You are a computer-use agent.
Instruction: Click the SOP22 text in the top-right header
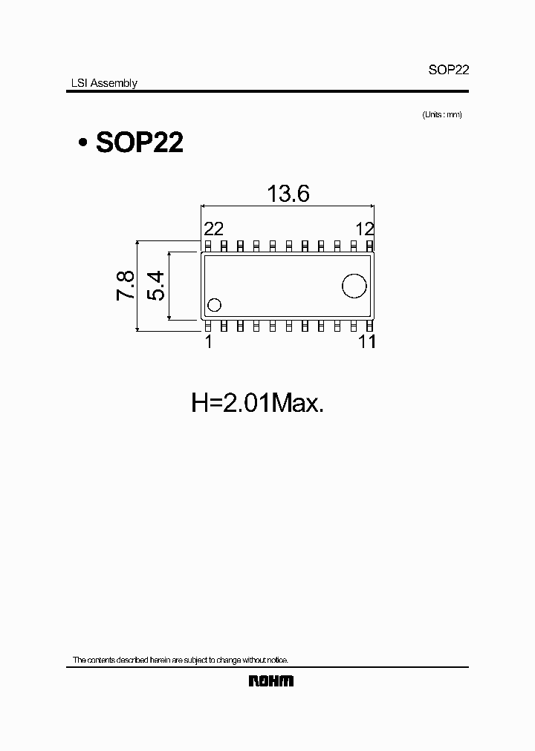tap(447, 70)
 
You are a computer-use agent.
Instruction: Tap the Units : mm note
tap(441, 114)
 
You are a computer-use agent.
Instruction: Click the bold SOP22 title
tap(140, 142)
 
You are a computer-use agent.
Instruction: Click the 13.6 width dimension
tap(288, 194)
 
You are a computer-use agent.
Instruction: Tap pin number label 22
tap(213, 229)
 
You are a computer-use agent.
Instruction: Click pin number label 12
tap(364, 229)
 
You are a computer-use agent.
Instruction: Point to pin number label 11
tap(366, 341)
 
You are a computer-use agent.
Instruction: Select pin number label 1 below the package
tap(209, 341)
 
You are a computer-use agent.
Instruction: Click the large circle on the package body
tap(354, 285)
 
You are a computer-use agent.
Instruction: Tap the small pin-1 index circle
tap(215, 304)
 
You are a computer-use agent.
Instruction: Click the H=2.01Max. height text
tap(258, 404)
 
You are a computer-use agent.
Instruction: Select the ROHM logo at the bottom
tap(270, 681)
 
